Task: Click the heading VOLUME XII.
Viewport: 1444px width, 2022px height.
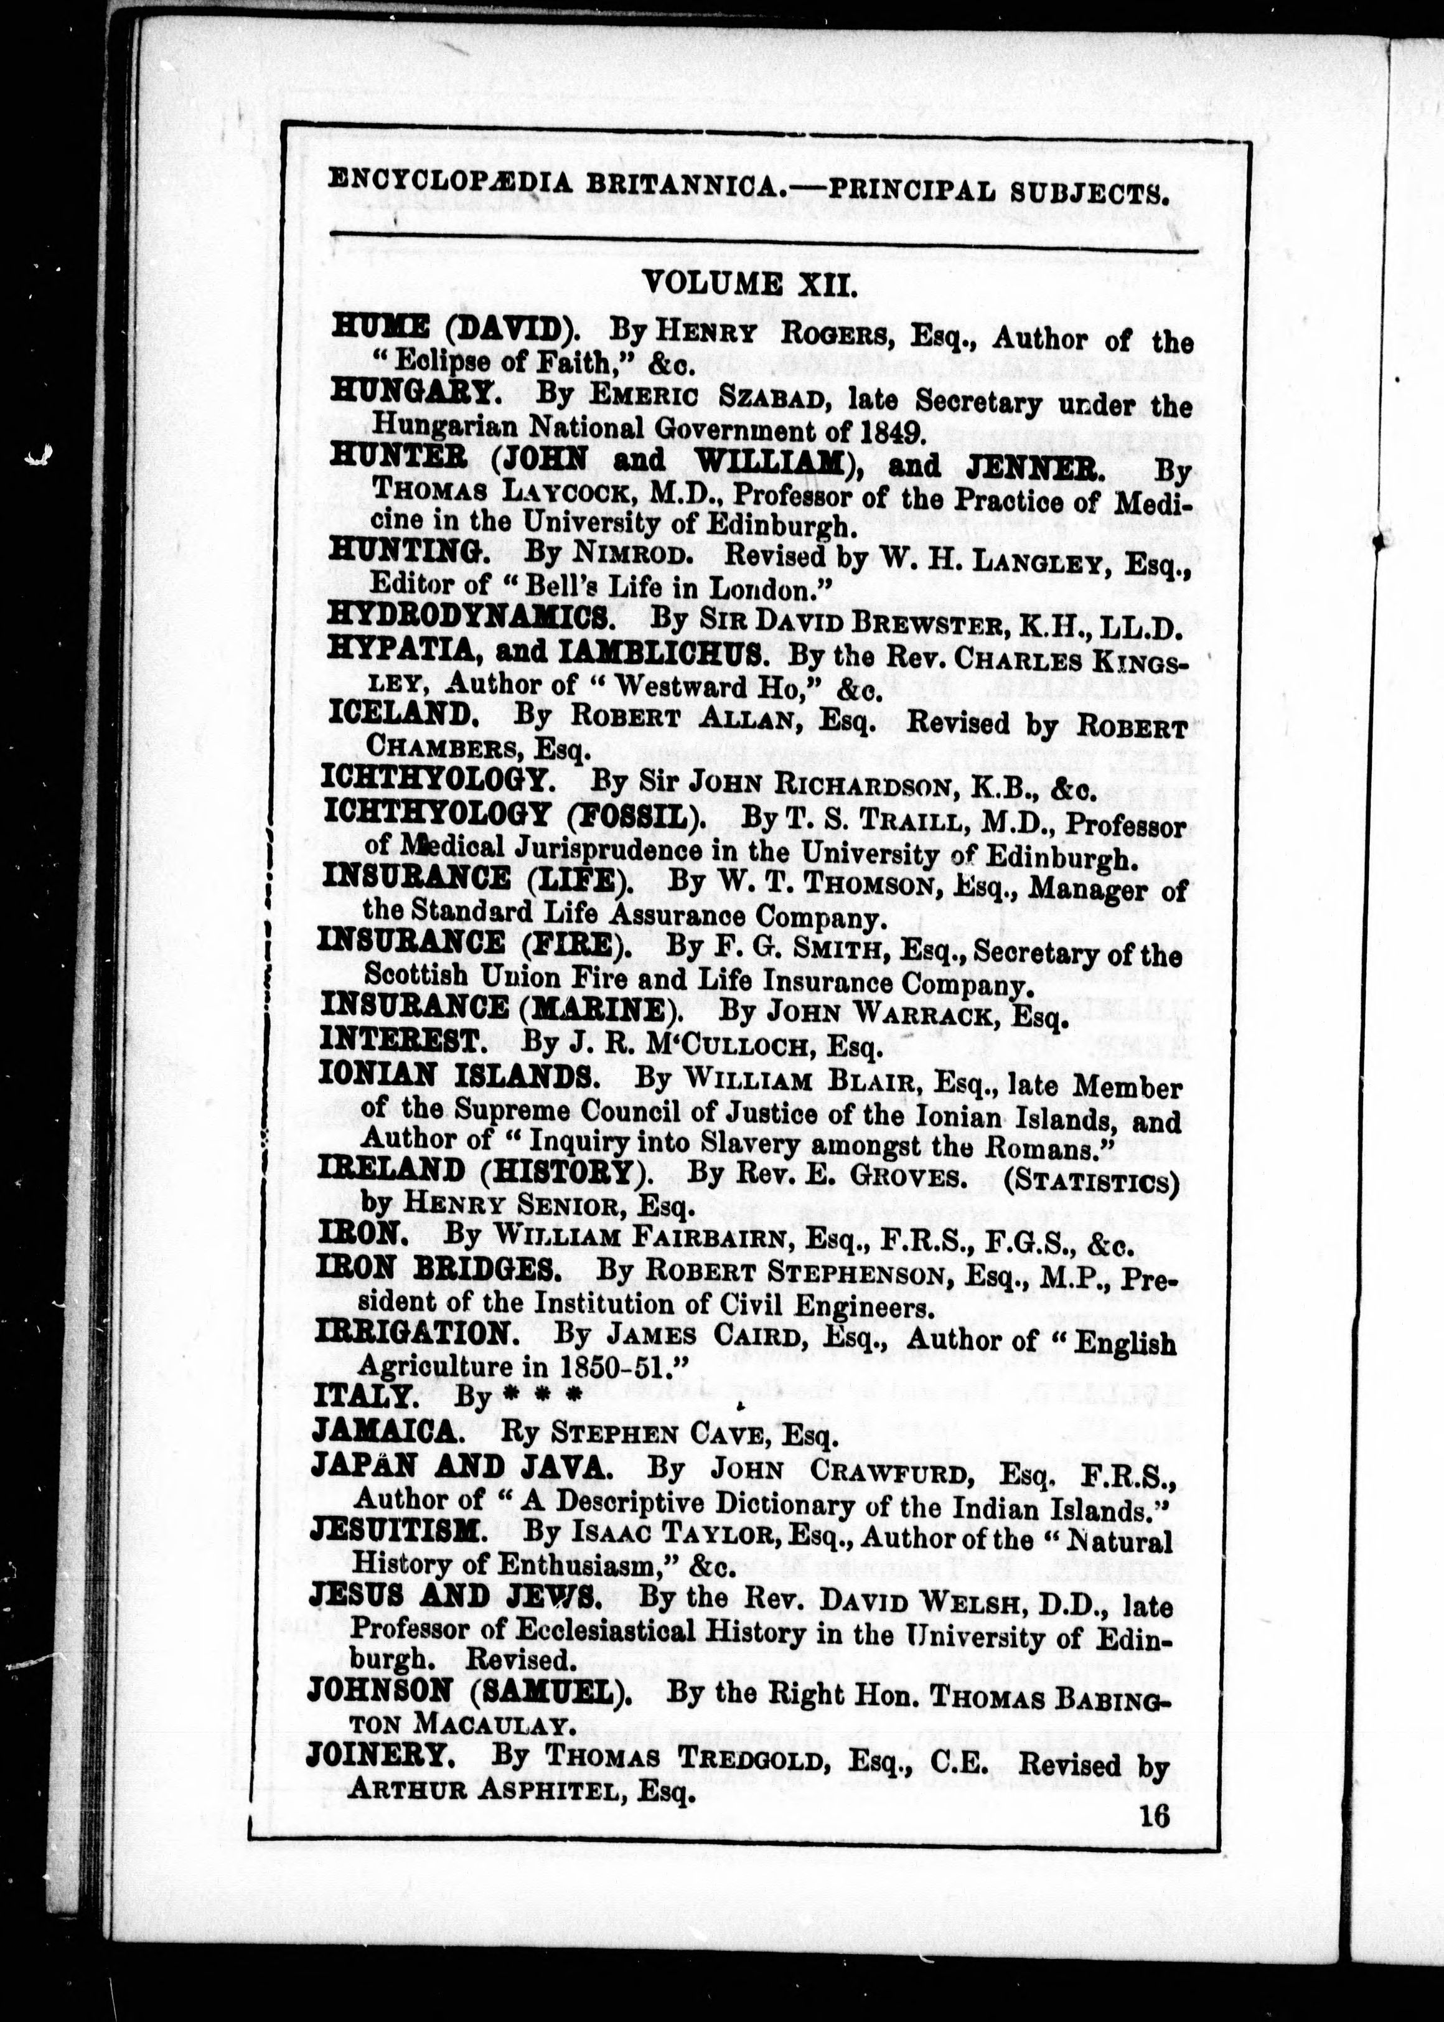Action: click(749, 284)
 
